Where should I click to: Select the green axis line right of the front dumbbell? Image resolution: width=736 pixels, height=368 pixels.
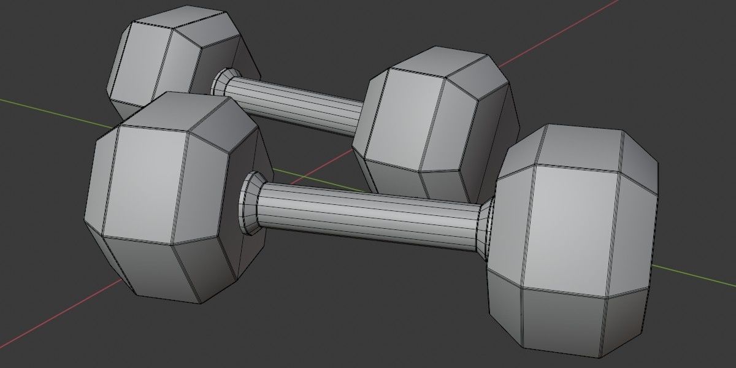693,276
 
